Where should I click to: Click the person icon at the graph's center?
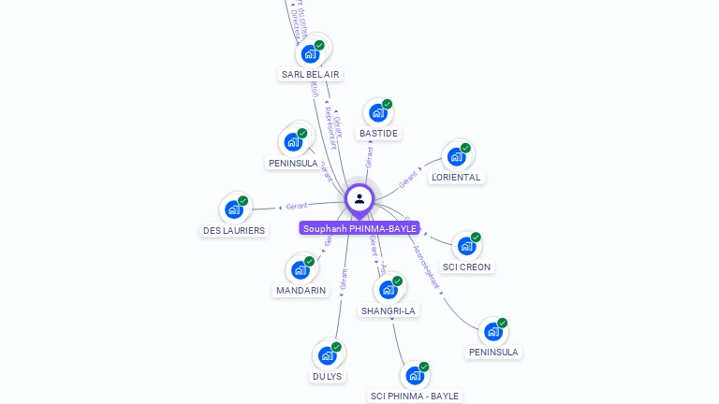tap(359, 199)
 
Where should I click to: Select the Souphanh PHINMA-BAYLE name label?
tap(359, 228)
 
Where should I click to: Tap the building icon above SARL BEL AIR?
tap(311, 53)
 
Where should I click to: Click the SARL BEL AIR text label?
tap(311, 74)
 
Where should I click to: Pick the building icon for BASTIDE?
tap(378, 113)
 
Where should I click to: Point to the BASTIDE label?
tap(378, 134)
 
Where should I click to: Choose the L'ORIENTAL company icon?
tap(456, 156)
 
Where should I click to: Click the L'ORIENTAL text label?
tap(456, 177)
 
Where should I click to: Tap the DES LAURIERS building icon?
tap(234, 209)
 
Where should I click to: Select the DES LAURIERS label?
tap(234, 230)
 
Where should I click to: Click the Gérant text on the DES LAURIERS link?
tap(297, 206)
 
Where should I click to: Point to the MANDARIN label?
tap(301, 290)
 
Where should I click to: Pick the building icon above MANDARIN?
tap(301, 269)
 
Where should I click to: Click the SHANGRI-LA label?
tap(389, 310)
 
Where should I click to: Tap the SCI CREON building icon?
tap(467, 246)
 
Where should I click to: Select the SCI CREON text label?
tap(467, 267)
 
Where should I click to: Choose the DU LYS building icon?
tap(327, 355)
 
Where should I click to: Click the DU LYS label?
tap(327, 376)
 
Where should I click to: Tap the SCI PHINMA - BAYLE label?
tap(415, 396)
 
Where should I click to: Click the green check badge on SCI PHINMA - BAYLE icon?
tap(424, 367)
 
